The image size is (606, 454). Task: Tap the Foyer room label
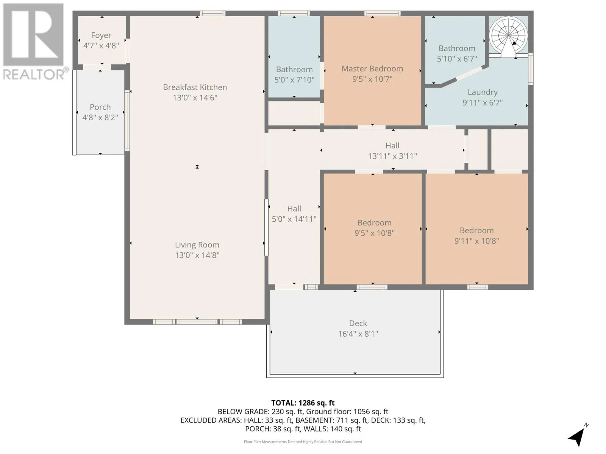click(x=101, y=35)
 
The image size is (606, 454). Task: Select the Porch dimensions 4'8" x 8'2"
click(x=100, y=117)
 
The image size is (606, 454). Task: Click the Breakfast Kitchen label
click(x=195, y=87)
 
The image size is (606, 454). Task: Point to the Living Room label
click(x=197, y=245)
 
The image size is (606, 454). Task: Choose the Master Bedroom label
click(x=372, y=68)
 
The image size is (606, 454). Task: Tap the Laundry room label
click(x=483, y=92)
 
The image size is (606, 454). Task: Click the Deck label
click(x=358, y=323)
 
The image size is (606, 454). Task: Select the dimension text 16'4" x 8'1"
click(x=358, y=334)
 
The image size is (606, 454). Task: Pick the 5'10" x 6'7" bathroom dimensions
click(x=457, y=59)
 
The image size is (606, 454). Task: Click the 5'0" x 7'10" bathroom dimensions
click(x=294, y=80)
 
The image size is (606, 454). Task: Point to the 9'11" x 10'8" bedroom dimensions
click(x=476, y=241)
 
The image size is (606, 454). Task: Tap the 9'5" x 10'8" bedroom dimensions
click(x=374, y=233)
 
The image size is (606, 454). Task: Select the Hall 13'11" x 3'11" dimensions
click(x=392, y=156)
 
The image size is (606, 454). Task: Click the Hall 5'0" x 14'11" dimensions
click(x=294, y=219)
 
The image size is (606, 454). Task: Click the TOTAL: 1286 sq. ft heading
click(x=303, y=403)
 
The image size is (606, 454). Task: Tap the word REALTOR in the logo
click(x=34, y=75)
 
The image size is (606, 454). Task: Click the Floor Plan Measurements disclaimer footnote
click(x=303, y=442)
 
